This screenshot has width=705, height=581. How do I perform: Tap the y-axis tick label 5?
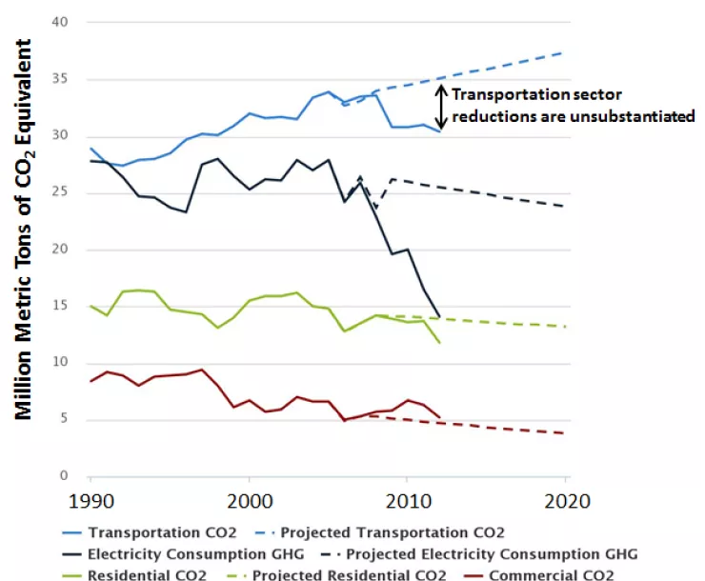66,420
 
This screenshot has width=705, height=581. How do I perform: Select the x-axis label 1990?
91,500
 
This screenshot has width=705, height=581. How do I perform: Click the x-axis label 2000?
250,500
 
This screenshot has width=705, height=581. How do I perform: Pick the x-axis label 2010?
408,500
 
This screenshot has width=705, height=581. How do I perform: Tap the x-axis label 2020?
566,500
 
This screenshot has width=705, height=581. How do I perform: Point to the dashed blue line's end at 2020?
566,52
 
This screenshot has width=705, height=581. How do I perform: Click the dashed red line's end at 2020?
566,433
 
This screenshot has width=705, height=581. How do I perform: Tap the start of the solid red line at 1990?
91,381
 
